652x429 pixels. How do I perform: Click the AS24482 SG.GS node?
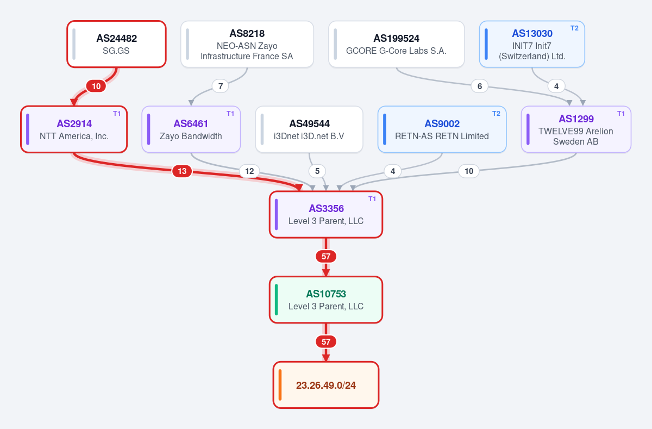(116, 44)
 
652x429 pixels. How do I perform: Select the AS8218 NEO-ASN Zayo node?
(247, 44)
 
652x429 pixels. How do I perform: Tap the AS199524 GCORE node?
(397, 44)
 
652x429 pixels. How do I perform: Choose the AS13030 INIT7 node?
(532, 44)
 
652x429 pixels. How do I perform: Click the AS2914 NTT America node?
(74, 129)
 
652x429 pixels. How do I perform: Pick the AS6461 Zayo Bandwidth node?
(191, 129)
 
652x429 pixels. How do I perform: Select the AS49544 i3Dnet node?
(309, 129)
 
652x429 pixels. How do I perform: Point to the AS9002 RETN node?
(442, 129)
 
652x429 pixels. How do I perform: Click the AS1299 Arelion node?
(576, 129)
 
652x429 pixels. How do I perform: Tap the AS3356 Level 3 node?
(326, 215)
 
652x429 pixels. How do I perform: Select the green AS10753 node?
(326, 300)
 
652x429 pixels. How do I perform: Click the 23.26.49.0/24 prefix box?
(326, 385)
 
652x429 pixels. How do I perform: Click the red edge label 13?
(182, 171)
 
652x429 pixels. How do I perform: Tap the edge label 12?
(249, 171)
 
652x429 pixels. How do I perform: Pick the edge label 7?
(221, 86)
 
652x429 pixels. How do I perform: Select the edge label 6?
(479, 86)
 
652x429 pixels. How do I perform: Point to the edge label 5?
(317, 171)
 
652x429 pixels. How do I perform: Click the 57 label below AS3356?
(326, 256)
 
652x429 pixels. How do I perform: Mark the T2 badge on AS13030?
(574, 28)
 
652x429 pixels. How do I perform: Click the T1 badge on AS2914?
(117, 114)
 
